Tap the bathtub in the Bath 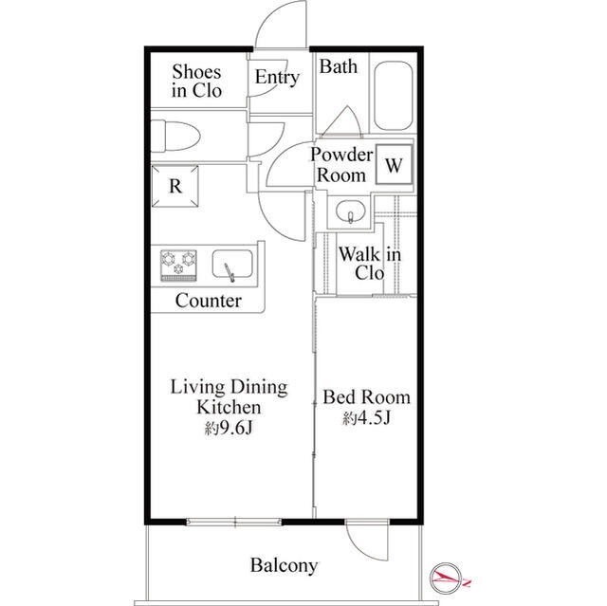[x=393, y=96]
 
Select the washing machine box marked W [x=394, y=165]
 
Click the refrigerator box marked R [x=175, y=186]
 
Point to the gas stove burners [x=178, y=266]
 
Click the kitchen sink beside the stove [x=232, y=265]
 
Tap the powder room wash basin [x=350, y=212]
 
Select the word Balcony [x=284, y=565]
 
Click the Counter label [x=209, y=301]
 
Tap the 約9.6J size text [x=229, y=428]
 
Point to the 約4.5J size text [x=366, y=417]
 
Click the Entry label [x=277, y=77]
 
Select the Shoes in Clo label [x=196, y=82]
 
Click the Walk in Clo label [x=370, y=264]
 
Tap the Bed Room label [x=366, y=397]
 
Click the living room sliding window [x=234, y=522]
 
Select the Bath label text [x=338, y=66]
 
